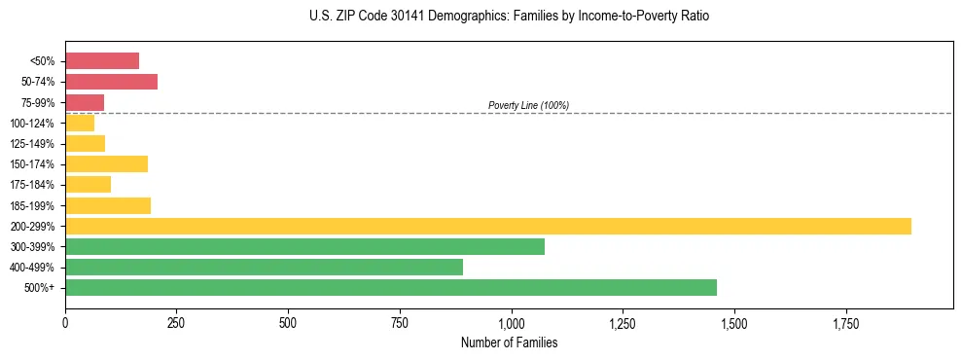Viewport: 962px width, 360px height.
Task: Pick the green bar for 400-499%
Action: (x=264, y=267)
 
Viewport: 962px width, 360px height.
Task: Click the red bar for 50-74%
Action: (x=111, y=82)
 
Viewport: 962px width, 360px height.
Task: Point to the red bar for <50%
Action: (x=102, y=61)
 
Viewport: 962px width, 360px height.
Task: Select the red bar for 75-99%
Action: (x=85, y=102)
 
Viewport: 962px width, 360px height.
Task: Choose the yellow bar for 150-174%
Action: (x=106, y=163)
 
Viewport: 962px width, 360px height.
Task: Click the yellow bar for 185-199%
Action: (x=108, y=205)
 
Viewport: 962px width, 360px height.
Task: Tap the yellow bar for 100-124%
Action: (x=80, y=123)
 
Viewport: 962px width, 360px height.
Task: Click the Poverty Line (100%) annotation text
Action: (x=528, y=105)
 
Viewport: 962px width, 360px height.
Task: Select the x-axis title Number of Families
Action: (x=509, y=342)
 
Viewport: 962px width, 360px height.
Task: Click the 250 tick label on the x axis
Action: (x=176, y=322)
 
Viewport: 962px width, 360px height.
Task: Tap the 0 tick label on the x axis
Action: (x=65, y=322)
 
